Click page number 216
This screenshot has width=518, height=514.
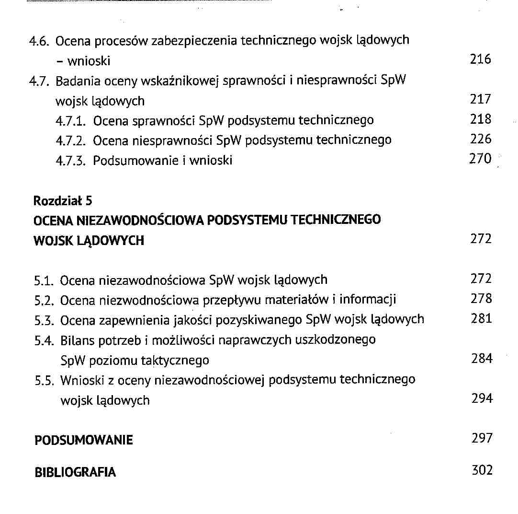[x=480, y=59]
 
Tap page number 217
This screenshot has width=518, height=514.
[x=480, y=99]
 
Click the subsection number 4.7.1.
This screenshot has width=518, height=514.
[x=72, y=120]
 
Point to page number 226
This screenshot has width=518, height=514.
[x=481, y=139]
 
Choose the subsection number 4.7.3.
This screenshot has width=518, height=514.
[x=72, y=160]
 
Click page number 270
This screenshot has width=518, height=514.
[x=480, y=159]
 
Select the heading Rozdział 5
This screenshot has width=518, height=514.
[x=62, y=200]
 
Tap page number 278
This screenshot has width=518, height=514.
[x=481, y=299]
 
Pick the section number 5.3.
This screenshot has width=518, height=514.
[x=45, y=319]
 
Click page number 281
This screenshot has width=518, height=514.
[x=481, y=319]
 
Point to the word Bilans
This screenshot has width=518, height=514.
[x=78, y=340]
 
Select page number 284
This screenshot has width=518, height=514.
[x=482, y=358]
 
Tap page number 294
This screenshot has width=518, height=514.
[x=482, y=398]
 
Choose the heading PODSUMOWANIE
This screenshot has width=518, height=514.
[x=84, y=440]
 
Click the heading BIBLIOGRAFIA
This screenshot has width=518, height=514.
[x=75, y=472]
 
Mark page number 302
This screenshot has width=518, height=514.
[x=482, y=470]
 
